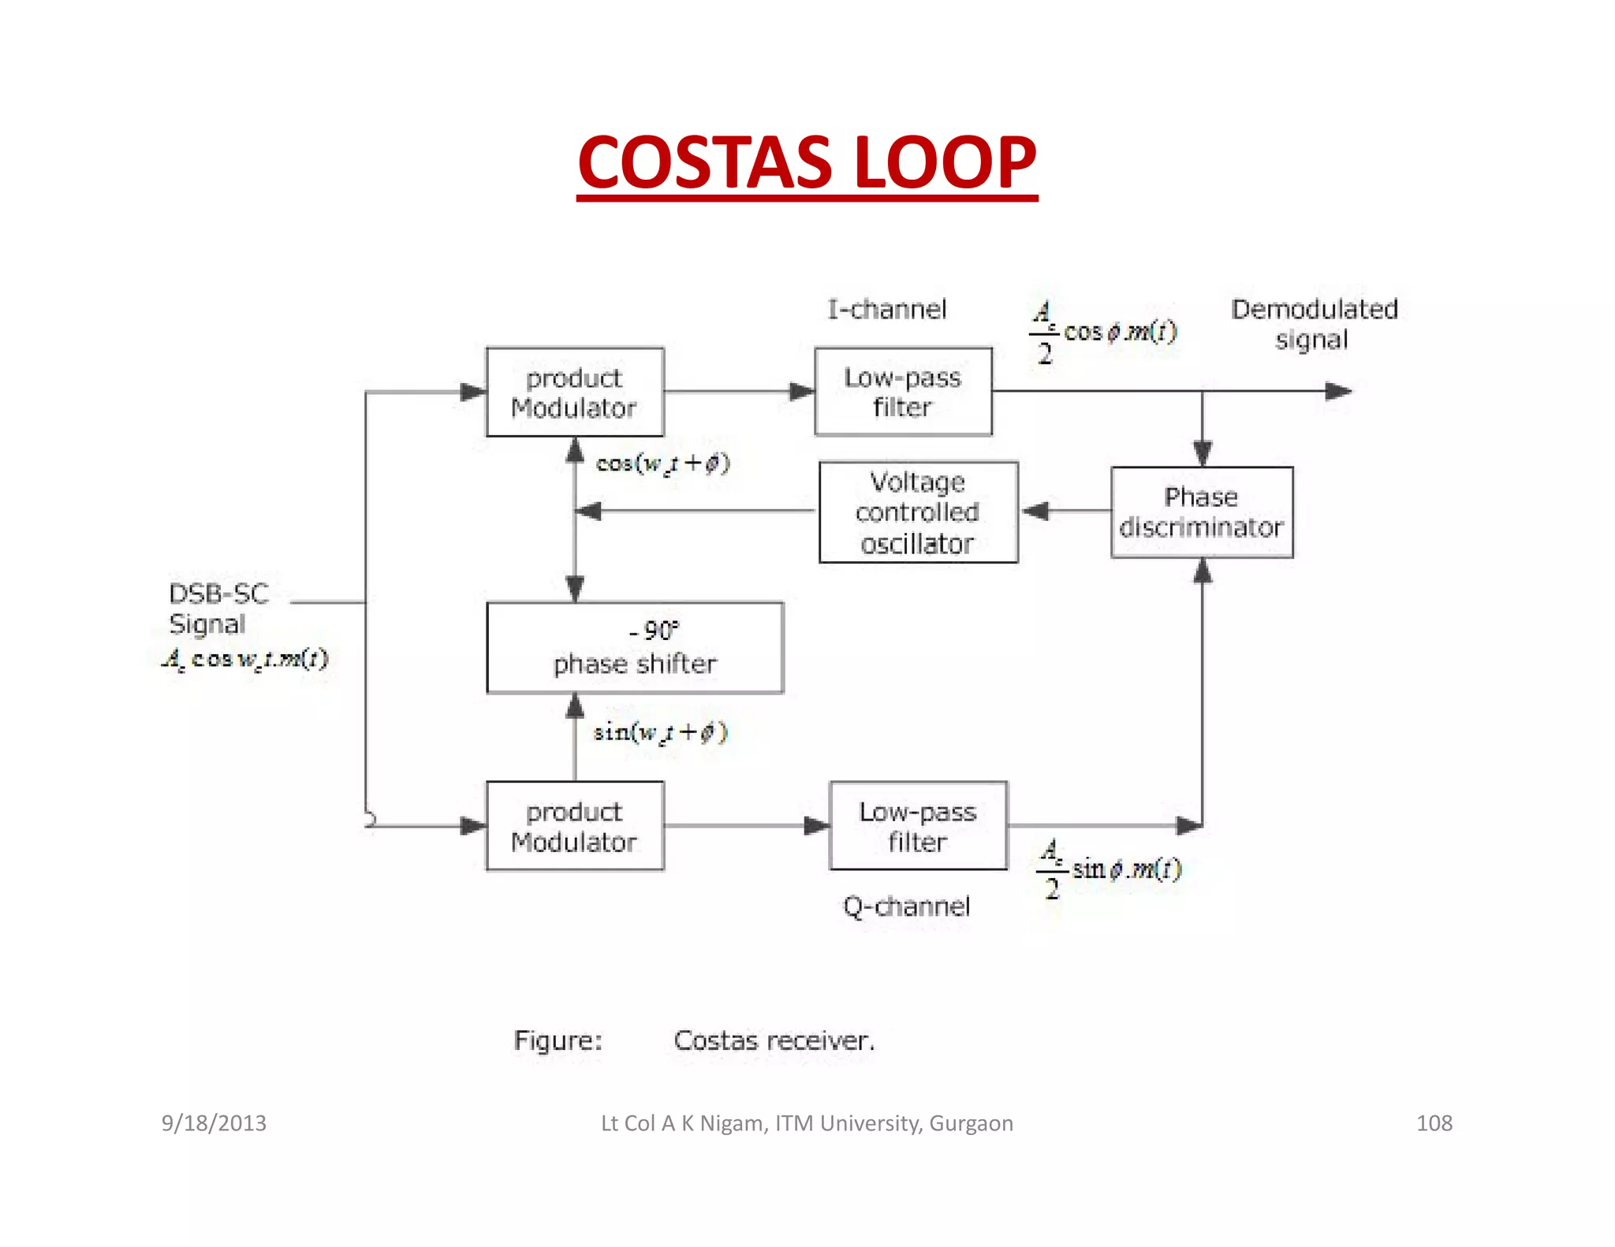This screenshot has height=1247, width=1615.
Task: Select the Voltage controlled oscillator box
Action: tap(918, 512)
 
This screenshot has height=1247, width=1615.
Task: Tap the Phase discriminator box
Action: tap(1201, 512)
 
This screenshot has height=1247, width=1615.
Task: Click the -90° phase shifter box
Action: tap(635, 648)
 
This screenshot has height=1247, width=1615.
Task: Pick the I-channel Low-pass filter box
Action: tap(903, 392)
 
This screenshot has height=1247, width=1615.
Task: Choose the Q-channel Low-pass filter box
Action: tap(918, 826)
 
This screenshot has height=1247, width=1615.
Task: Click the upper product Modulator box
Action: tap(574, 392)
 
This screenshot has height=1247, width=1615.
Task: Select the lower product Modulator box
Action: tap(574, 826)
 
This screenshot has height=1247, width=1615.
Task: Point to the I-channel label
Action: tap(886, 309)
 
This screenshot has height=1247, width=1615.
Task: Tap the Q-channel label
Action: tap(906, 906)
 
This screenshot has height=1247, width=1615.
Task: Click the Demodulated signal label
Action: tap(1314, 323)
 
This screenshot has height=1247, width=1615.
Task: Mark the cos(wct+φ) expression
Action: tap(662, 463)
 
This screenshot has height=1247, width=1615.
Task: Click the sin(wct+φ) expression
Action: tap(660, 732)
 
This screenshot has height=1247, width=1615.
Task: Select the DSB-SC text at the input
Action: tap(218, 594)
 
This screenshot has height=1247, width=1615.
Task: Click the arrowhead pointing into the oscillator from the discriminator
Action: tap(1035, 512)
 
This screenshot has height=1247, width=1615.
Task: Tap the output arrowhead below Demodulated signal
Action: tap(1338, 391)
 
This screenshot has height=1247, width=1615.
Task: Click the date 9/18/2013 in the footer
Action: tap(214, 1122)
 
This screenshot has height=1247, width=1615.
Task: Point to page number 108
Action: tap(1434, 1122)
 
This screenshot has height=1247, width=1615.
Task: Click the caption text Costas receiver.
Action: tap(774, 1040)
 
